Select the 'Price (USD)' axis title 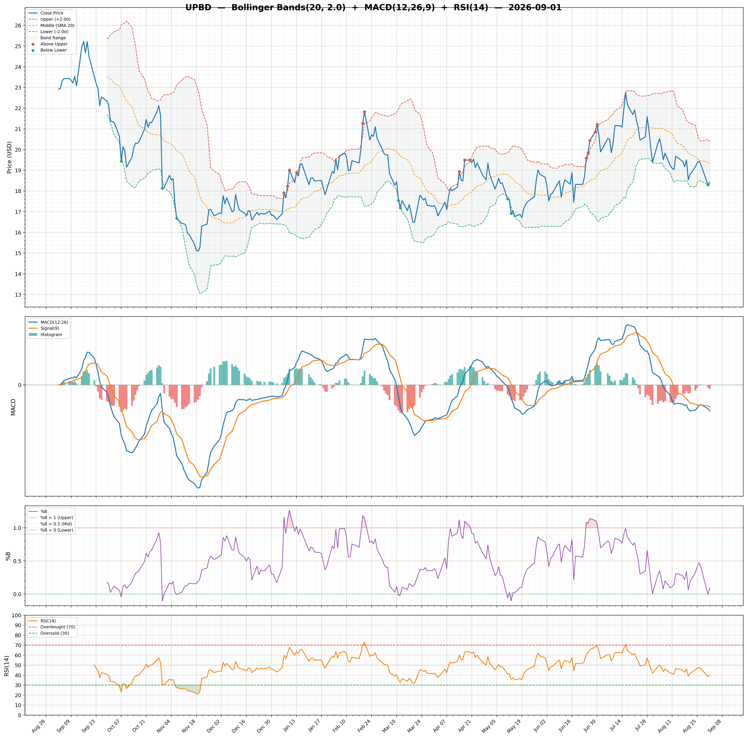coord(9,157)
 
